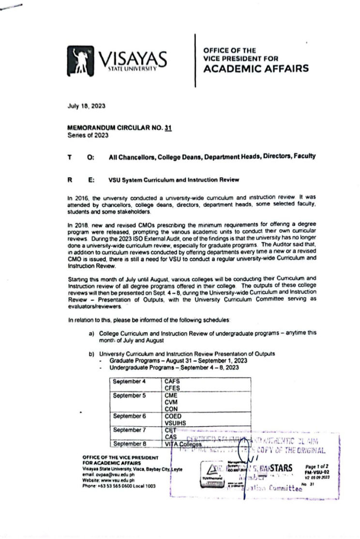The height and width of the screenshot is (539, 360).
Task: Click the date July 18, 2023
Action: (86, 105)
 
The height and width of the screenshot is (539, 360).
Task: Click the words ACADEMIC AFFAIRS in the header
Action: (255, 68)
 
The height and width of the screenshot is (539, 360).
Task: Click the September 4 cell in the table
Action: (129, 382)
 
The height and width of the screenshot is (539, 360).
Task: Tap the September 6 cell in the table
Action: (129, 416)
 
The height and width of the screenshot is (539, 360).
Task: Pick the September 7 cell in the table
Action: (129, 429)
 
